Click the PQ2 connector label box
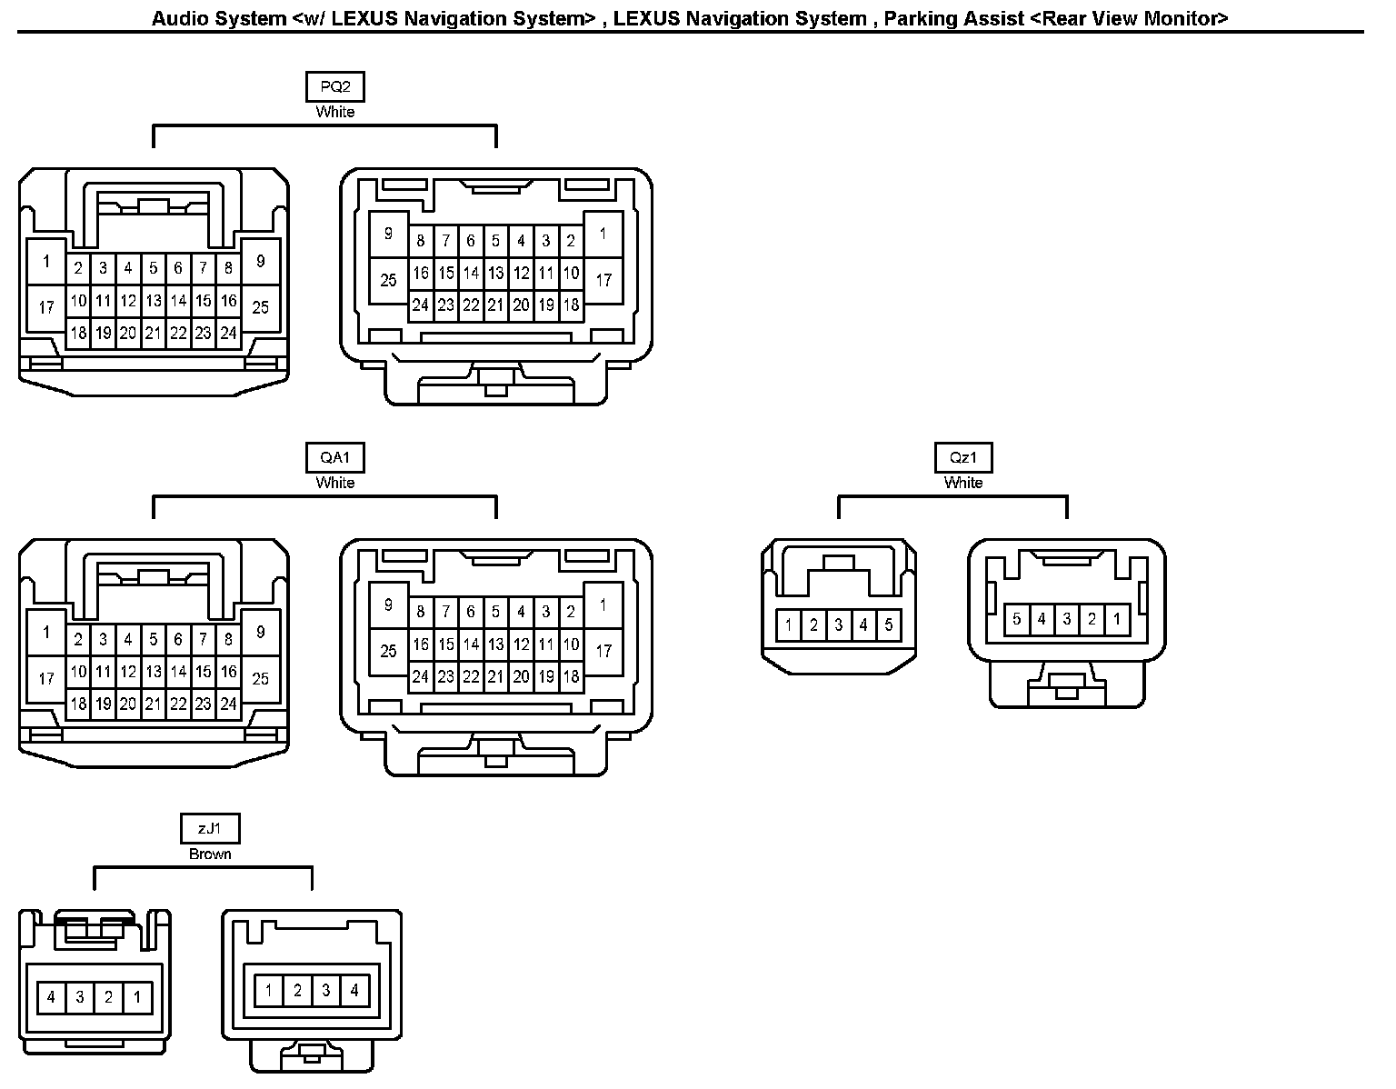click(x=334, y=87)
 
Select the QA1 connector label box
click(x=334, y=458)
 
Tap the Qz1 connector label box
click(x=962, y=458)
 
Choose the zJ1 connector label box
click(x=210, y=829)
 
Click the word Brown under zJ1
click(x=210, y=854)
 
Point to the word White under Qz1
click(x=962, y=483)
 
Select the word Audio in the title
click(x=178, y=18)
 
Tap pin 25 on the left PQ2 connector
click(x=261, y=307)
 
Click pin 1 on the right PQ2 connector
click(x=603, y=234)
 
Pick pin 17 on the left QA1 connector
click(x=46, y=678)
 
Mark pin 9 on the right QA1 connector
click(x=388, y=604)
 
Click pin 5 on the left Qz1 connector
click(x=889, y=625)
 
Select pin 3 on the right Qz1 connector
click(x=1066, y=620)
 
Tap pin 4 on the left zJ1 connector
click(x=51, y=997)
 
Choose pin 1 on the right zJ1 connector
click(x=268, y=990)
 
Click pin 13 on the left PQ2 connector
click(x=154, y=301)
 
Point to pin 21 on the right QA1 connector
click(x=495, y=676)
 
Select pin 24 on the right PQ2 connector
click(x=420, y=305)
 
